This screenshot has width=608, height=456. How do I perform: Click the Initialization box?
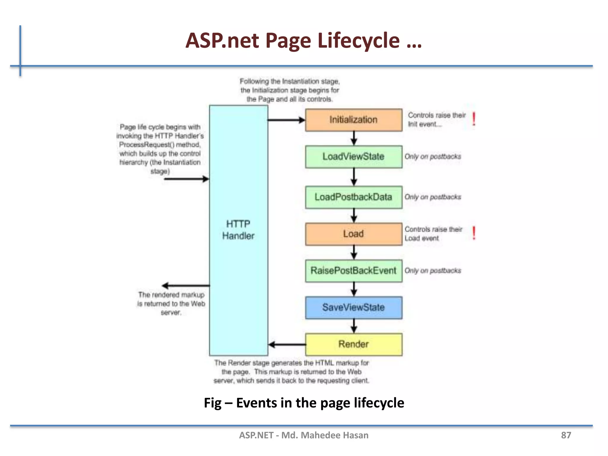pos(354,120)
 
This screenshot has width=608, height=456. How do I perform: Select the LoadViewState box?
pos(354,157)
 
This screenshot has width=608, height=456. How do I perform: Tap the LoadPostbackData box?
pos(354,197)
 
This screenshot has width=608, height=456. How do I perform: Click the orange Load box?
pos(354,234)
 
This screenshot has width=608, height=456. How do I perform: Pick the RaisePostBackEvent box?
pos(354,271)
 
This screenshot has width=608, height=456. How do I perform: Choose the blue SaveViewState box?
pos(354,308)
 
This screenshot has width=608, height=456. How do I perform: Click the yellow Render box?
pos(354,344)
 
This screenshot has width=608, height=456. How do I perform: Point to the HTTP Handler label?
pos(238,230)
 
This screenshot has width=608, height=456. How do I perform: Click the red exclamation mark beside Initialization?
pos(474,119)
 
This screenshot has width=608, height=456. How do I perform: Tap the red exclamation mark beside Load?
pos(474,233)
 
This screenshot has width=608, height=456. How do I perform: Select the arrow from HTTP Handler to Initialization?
pos(286,120)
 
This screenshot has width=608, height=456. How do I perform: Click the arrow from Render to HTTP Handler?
pos(287,345)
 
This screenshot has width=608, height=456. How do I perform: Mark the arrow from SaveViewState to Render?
pos(354,326)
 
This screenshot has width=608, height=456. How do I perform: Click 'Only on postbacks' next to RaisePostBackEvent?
pos(433,271)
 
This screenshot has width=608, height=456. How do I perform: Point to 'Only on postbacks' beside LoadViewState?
pos(433,156)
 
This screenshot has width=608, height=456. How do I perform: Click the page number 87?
pos(566,435)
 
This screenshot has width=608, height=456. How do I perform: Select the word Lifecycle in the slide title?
pos(359,41)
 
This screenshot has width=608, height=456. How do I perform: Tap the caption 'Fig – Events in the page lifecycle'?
pos(304,403)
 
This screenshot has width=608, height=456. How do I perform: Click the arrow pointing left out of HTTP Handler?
pos(186,286)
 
